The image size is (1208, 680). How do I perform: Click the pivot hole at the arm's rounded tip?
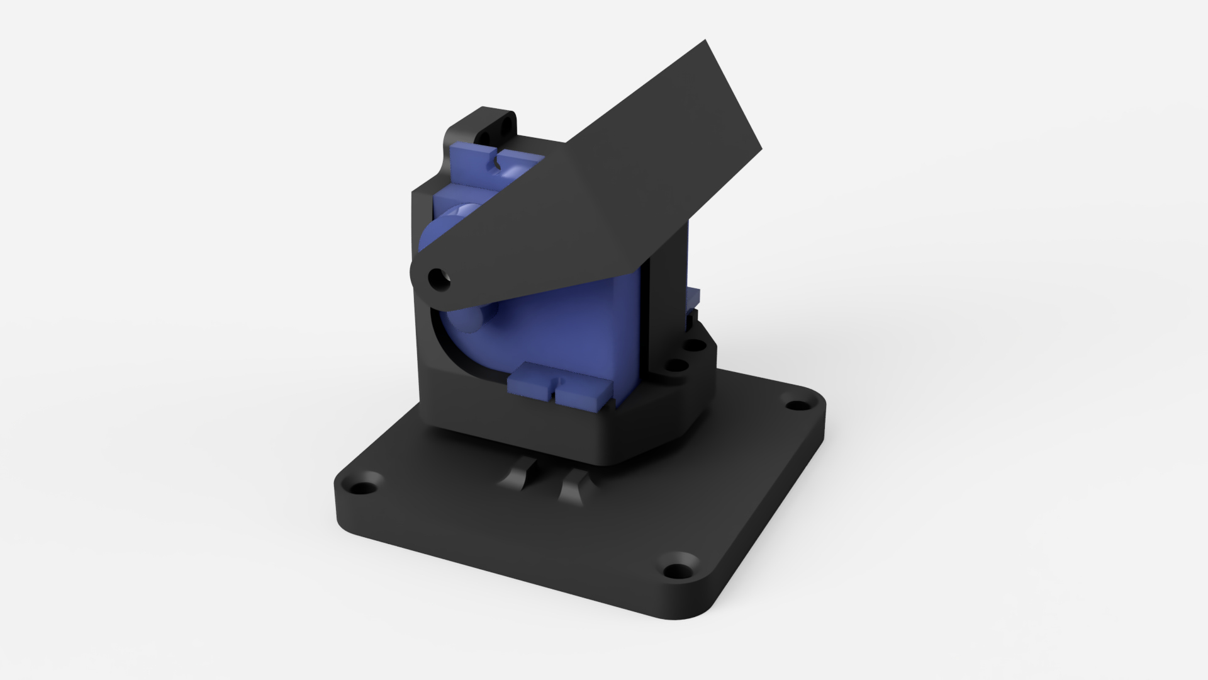pyautogui.click(x=437, y=277)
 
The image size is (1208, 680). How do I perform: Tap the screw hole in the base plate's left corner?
pyautogui.click(x=361, y=487)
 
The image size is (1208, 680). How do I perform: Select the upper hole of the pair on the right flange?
pyautogui.click(x=694, y=345)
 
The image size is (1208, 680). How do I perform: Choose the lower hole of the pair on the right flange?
pyautogui.click(x=676, y=365)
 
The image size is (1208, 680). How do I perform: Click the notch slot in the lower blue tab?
pyautogui.click(x=554, y=390)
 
